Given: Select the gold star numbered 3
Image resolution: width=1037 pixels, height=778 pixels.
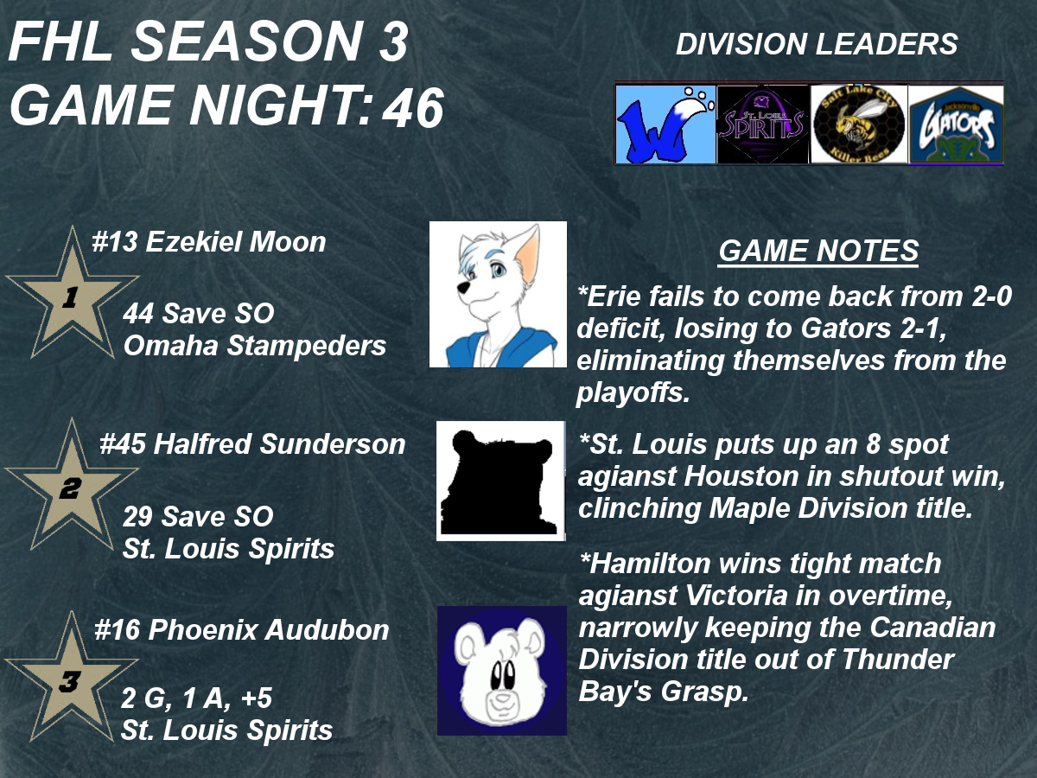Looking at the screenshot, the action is tap(71, 681).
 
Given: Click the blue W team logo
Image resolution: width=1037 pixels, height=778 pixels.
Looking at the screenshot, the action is tap(665, 124).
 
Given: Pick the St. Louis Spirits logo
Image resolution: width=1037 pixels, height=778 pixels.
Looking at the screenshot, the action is tap(763, 124).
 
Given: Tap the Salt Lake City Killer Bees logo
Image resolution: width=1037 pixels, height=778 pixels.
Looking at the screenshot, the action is tap(859, 124).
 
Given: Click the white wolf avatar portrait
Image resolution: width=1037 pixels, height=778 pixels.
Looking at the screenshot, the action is tap(498, 294).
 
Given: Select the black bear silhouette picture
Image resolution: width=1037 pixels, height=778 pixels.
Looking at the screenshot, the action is tap(500, 481).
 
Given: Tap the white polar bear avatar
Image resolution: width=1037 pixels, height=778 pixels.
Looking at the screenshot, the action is tap(502, 671).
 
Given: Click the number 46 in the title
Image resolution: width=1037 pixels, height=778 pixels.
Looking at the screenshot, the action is tap(413, 108).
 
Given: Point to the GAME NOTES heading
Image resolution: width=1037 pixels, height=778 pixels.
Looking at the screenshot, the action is tap(818, 251).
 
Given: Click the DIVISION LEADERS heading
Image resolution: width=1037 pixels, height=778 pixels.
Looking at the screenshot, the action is tap(817, 44).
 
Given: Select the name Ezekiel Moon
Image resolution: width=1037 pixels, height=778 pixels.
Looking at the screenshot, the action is tap(236, 242).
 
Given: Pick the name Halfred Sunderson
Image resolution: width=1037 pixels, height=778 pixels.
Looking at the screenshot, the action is tap(279, 444).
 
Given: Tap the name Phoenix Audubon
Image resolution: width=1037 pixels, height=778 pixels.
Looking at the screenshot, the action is tap(269, 630).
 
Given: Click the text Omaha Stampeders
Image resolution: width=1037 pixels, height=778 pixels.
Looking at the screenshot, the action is tap(255, 345).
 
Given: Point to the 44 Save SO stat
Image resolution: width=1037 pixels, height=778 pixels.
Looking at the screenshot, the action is tap(199, 313).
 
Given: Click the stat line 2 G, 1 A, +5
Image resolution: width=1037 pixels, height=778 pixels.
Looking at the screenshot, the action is tap(196, 698).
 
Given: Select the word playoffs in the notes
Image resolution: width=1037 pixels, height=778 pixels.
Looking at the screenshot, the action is tap(633, 392).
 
